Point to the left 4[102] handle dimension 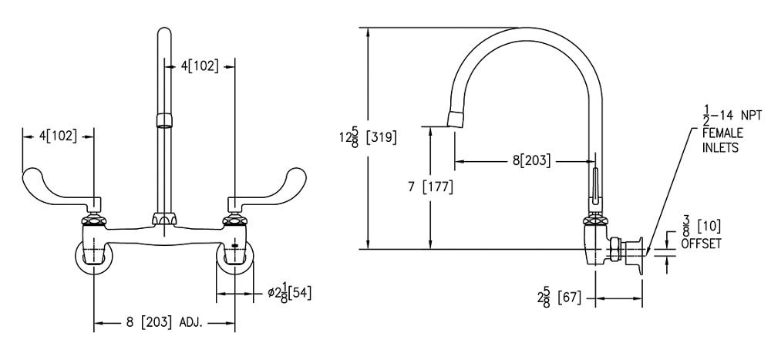pos(58,135)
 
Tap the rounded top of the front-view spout pos(163,35)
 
